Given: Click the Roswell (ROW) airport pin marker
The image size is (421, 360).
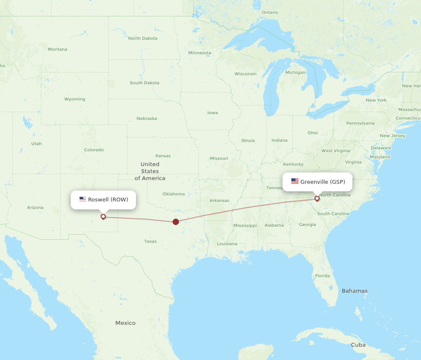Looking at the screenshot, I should (x=103, y=217).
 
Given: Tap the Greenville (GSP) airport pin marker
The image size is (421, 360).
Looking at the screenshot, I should (x=317, y=199).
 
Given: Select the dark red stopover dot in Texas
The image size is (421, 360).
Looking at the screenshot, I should (x=176, y=222).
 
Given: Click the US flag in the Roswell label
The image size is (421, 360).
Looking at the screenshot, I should (x=83, y=199).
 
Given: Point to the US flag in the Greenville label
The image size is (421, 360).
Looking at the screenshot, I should (x=295, y=182).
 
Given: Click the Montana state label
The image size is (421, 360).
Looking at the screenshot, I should (x=57, y=49).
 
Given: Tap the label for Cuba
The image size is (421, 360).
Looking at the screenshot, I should (x=358, y=345).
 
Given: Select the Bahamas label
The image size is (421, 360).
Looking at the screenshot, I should (x=354, y=291).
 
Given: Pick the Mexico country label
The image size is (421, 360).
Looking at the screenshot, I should (x=125, y=323).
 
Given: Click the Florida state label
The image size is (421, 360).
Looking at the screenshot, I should (x=322, y=276).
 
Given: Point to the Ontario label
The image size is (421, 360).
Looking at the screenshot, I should (x=270, y=12).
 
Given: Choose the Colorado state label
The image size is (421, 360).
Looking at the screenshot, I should (x=93, y=150).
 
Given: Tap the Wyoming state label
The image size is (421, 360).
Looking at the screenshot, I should (x=75, y=99).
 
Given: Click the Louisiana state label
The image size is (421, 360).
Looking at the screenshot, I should (x=227, y=244).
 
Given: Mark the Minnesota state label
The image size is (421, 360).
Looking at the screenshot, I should (x=200, y=53).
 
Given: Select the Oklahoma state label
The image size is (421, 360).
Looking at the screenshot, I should (x=173, y=194).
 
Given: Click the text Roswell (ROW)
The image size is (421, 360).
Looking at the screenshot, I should (x=108, y=199).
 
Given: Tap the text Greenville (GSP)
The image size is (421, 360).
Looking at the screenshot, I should (x=322, y=182).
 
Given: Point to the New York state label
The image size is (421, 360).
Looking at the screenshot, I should (x=376, y=100).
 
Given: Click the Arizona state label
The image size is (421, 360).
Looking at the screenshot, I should (x=35, y=207).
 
